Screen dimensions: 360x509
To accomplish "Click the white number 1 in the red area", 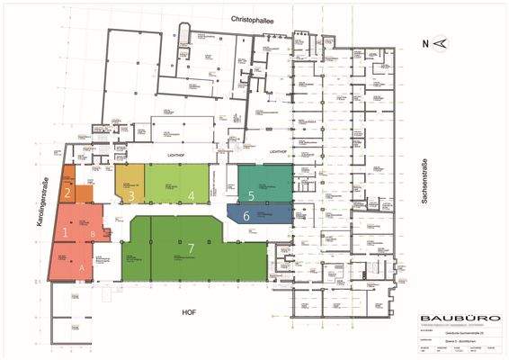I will [65, 232].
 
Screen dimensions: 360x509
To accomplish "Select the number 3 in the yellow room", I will [131, 195].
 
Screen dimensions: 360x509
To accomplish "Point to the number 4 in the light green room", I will [191, 195].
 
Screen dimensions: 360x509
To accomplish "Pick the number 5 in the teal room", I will [252, 195].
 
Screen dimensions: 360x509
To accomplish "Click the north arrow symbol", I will [441, 42].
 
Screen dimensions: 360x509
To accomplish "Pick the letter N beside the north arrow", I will [426, 42].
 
